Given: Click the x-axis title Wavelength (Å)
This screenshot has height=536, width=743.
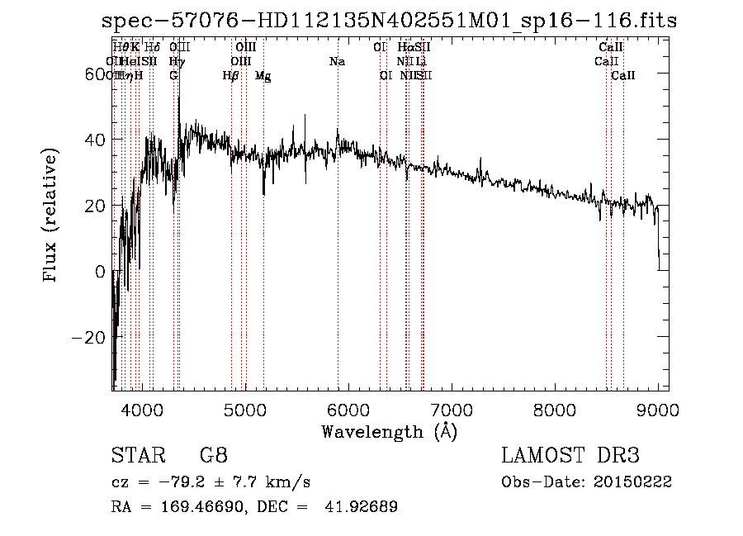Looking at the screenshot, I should (x=389, y=431).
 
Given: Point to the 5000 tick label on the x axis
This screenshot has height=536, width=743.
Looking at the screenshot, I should (x=244, y=410).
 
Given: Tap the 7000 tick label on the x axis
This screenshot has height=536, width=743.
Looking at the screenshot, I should (x=451, y=410).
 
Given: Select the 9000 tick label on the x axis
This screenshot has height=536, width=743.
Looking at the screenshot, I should (x=658, y=410).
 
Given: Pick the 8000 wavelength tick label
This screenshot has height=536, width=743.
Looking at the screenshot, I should (x=555, y=410).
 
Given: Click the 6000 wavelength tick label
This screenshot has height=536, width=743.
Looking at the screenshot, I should (x=348, y=410).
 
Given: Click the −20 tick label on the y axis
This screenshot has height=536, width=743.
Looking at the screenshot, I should (x=85, y=337).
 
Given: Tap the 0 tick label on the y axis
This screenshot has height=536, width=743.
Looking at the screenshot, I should (x=99, y=272).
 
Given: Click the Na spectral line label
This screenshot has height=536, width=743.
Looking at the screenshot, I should (x=337, y=62).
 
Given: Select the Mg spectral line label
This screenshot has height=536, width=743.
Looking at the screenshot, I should (x=263, y=76).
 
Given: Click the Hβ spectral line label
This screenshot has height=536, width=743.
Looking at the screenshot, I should (x=230, y=76).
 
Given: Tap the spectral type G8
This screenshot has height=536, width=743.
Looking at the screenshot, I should (x=213, y=456).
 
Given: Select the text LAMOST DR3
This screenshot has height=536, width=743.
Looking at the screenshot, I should (x=570, y=456).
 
